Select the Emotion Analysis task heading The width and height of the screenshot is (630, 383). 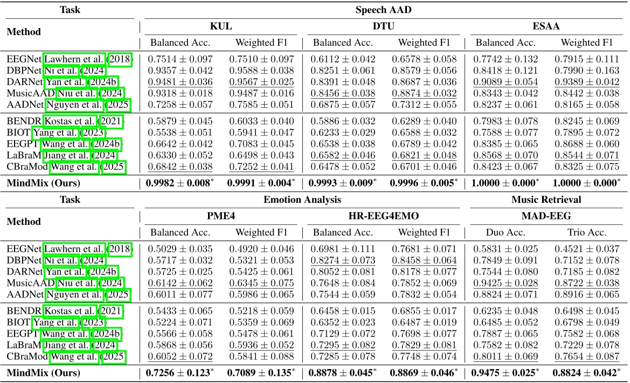tap(302, 200)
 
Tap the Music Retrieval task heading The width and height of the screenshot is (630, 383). tap(547, 200)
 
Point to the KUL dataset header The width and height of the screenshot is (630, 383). tap(221, 26)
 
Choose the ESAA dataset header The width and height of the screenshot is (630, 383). tap(546, 26)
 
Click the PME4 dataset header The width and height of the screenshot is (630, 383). tap(221, 216)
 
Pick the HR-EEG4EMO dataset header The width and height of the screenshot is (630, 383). tap(383, 216)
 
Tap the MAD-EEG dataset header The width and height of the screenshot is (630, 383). tap(546, 216)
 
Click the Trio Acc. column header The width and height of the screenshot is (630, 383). tap(588, 232)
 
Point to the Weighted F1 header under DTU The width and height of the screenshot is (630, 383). tap(424, 43)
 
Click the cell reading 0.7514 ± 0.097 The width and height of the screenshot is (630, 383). tap(181, 59)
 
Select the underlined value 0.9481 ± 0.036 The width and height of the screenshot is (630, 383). tap(181, 81)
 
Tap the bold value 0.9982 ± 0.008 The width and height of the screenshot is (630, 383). tap(181, 183)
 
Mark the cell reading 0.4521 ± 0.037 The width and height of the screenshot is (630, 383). tap(588, 249)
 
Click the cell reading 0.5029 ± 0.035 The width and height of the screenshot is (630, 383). tap(181, 249)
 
